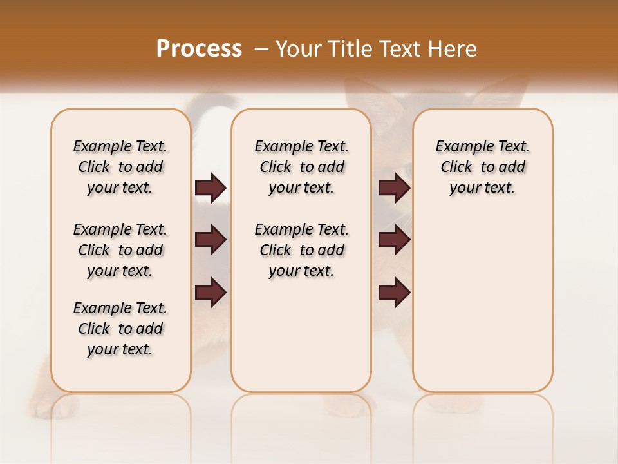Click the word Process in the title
click(199, 48)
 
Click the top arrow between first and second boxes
click(211, 188)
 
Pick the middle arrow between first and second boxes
click(211, 240)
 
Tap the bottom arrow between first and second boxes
click(211, 293)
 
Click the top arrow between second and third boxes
click(394, 188)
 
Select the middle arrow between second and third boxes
click(394, 240)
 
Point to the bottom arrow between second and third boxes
click(394, 293)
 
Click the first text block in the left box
click(120, 167)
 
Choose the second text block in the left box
click(120, 250)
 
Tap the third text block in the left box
click(120, 329)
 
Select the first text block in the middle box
click(301, 167)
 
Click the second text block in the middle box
click(301, 250)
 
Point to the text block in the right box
click(482, 167)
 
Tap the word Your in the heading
click(298, 48)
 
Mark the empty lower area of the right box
click(482, 303)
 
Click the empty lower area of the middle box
click(301, 335)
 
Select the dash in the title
click(261, 48)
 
